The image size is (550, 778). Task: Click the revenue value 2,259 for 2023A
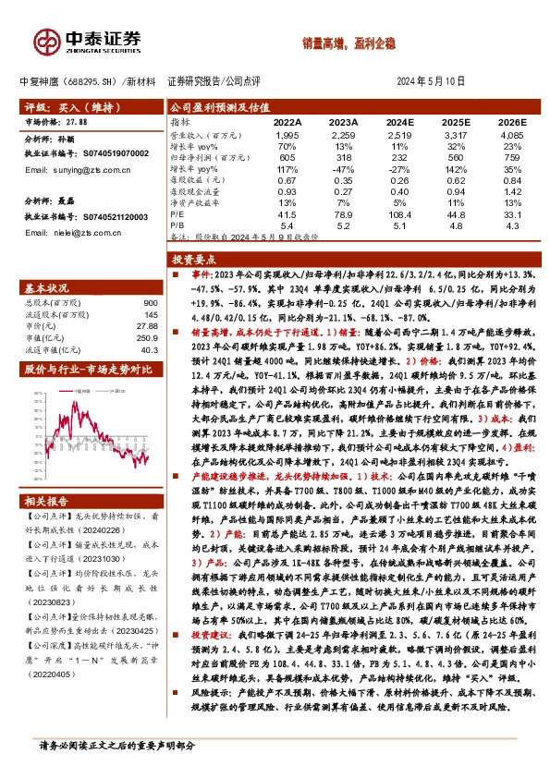(x=343, y=137)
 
